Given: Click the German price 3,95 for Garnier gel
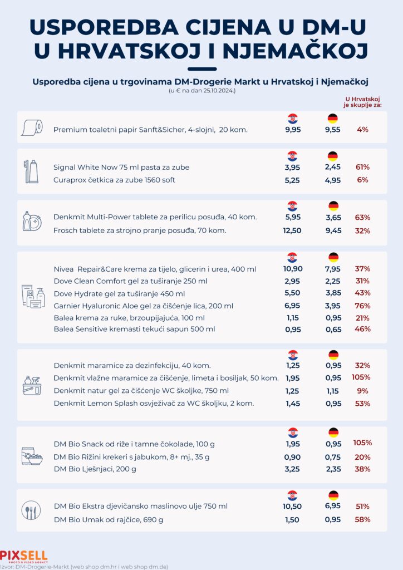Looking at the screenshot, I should click(x=333, y=305).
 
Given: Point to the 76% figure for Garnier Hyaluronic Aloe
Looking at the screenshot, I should click(x=363, y=305).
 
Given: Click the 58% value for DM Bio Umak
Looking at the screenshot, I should click(x=363, y=519).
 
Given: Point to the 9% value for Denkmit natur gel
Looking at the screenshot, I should click(x=363, y=391).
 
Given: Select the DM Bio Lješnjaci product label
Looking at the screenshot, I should click(x=95, y=469).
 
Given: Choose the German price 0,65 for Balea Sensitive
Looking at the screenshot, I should click(x=333, y=329).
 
